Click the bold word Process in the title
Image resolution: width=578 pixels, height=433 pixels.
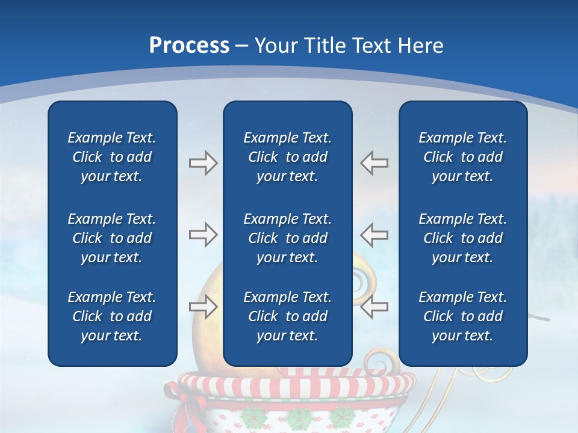point(189,45)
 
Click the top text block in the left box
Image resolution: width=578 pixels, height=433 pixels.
point(112,157)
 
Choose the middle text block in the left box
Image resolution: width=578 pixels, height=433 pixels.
point(112,238)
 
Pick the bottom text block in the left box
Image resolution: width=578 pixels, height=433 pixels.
point(112,316)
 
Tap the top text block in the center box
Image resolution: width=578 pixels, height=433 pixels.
point(287,157)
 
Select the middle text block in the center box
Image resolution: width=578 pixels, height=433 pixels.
point(287,238)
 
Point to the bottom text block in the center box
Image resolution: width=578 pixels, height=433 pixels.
point(287,316)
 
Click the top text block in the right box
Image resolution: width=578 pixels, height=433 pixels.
point(462,157)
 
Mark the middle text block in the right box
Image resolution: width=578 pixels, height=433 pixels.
point(462,238)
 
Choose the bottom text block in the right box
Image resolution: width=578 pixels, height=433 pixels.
point(462,316)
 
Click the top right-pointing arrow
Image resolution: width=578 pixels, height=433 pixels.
point(203,163)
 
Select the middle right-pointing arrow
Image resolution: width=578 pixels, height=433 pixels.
point(203,235)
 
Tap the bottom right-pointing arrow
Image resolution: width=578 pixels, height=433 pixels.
point(203,307)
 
